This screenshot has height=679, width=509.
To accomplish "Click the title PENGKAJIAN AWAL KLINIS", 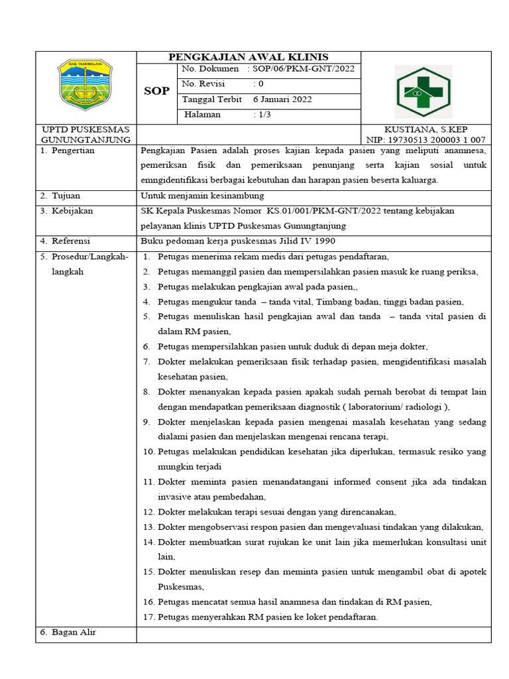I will point(249,56).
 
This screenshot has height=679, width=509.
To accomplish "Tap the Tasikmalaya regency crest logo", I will point(85,85).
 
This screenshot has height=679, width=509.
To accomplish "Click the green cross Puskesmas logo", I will point(423,92).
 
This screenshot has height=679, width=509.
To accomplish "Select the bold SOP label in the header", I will point(156,91).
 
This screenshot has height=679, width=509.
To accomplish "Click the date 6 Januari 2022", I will point(282,99).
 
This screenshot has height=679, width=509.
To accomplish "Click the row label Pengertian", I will point(73,151).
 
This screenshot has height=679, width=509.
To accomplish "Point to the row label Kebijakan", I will point(72,211).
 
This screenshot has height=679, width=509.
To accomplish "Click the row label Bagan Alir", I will point(74,632).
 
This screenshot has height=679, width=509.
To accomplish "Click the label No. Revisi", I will point(203,84).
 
